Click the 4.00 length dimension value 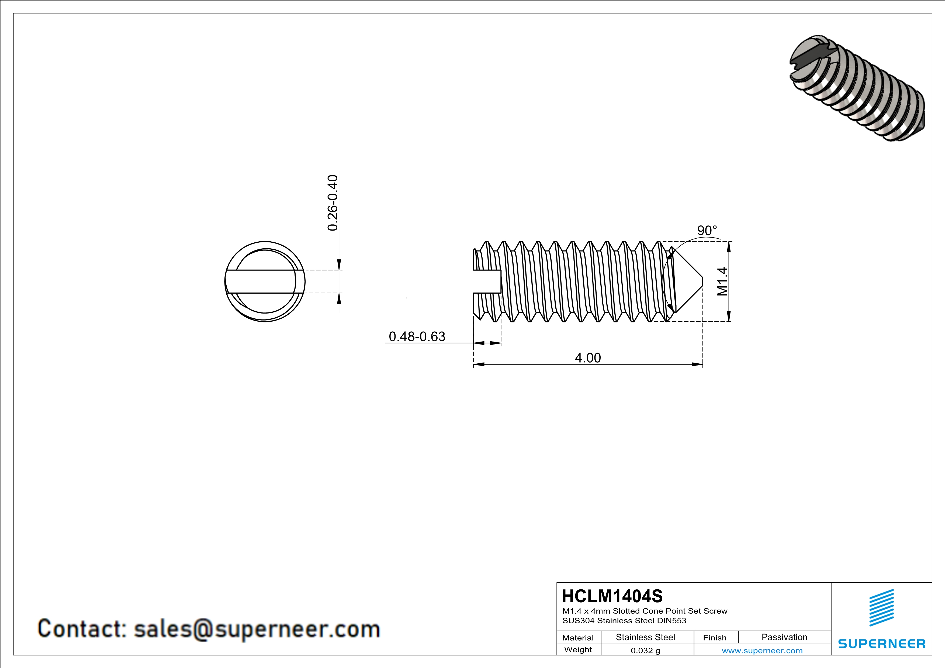(x=587, y=358)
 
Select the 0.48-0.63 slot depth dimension (x=417, y=336)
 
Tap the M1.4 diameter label (x=722, y=281)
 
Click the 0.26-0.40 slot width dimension (x=333, y=203)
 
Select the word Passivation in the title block (x=784, y=637)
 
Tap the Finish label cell (x=715, y=638)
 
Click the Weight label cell (x=578, y=649)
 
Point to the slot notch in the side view (x=487, y=281)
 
